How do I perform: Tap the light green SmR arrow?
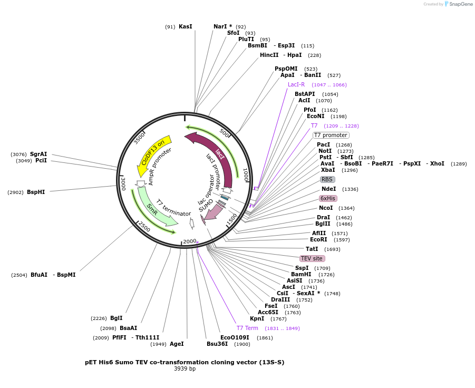click(153, 211)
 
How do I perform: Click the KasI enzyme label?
click(186, 26)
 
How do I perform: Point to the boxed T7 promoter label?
click(331, 135)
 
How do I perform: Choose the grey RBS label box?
click(327, 179)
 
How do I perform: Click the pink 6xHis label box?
click(328, 198)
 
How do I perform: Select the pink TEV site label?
click(312, 258)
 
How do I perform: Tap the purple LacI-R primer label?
click(296, 84)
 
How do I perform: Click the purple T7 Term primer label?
click(247, 328)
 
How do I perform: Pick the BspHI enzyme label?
click(36, 192)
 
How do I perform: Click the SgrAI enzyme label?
click(38, 154)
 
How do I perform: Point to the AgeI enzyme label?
click(177, 344)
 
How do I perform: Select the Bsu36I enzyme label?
click(217, 344)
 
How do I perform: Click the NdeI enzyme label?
click(329, 189)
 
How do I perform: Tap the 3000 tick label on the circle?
click(123, 183)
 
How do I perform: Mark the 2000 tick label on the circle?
click(189, 241)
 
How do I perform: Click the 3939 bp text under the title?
click(185, 368)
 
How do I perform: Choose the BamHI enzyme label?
click(301, 274)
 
